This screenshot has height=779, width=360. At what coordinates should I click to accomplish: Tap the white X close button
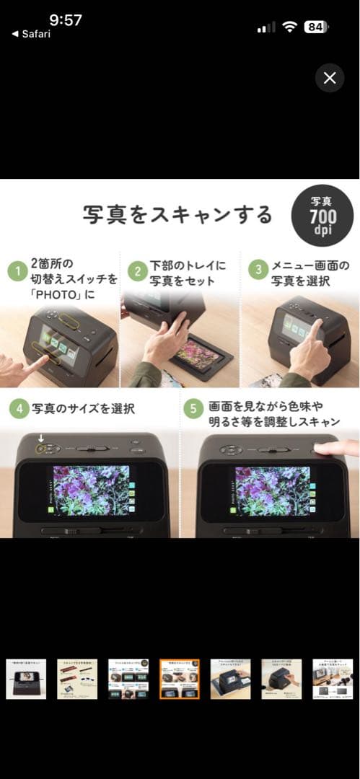pos(330,78)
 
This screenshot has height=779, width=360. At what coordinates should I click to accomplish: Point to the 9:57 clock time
pos(66,19)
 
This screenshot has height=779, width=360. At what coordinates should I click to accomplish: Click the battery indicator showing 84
pos(315,27)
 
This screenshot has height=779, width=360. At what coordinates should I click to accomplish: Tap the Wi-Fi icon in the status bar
pos(290,27)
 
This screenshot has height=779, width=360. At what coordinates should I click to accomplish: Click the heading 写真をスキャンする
pos(177,215)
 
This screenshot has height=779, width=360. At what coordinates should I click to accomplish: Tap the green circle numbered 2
pos(136,272)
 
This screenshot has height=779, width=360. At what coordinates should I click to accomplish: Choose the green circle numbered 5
pos(193,409)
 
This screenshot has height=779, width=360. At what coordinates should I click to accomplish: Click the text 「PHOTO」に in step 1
pos(63,295)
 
